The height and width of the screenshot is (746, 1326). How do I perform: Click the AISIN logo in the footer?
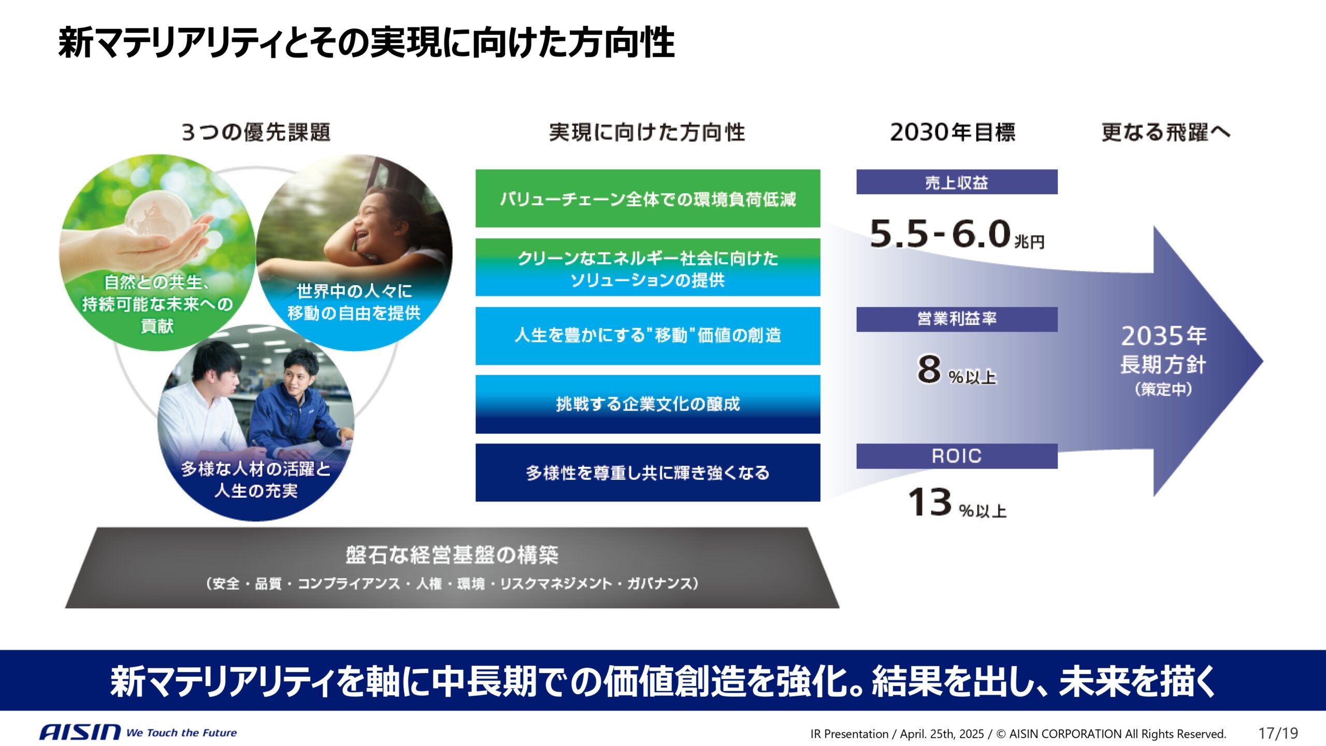[x=80, y=732]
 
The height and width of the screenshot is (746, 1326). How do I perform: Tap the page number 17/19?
[x=1278, y=733]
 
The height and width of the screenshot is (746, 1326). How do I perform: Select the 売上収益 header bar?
[x=956, y=182]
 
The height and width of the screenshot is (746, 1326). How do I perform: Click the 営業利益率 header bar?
[x=956, y=319]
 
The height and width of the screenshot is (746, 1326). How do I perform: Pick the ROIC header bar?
[x=956, y=456]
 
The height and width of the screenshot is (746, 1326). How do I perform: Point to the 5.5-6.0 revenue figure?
[x=940, y=234]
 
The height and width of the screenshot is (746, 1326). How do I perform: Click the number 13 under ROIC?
[x=930, y=502]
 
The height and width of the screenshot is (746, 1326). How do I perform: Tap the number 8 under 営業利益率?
[x=929, y=369]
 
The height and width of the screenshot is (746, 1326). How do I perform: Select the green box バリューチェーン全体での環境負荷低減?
[x=647, y=198]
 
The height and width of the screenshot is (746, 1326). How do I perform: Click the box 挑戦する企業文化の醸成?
[x=647, y=404]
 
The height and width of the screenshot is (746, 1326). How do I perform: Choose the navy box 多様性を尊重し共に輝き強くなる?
[x=647, y=472]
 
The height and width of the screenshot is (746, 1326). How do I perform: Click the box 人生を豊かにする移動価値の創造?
[x=647, y=336]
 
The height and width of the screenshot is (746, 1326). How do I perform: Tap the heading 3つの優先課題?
[x=256, y=133]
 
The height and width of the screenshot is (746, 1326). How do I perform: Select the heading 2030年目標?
[x=953, y=133]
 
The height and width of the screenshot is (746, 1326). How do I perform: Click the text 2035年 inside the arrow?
[x=1163, y=336]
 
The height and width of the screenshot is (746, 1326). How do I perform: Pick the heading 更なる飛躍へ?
[x=1165, y=133]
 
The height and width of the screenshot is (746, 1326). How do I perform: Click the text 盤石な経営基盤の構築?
[x=452, y=555]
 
